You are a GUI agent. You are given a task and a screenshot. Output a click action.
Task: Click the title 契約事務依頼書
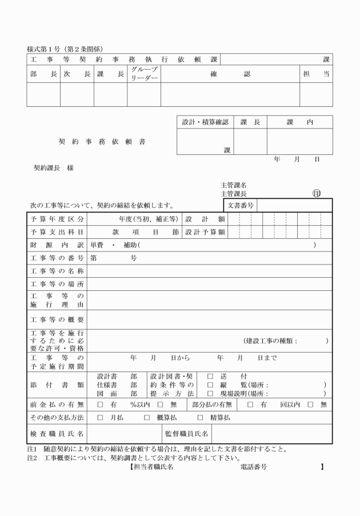coord(102,141)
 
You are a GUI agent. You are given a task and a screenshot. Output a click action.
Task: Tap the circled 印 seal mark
coord(317,193)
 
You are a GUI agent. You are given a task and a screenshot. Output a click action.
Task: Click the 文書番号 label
coord(241,205)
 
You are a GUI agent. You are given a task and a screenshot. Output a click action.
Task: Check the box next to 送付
coord(210,376)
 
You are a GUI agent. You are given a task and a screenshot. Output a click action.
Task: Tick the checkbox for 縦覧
coord(210,385)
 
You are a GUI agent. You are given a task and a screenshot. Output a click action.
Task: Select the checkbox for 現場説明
coord(210,394)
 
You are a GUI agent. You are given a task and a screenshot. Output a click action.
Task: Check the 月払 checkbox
coord(100,418)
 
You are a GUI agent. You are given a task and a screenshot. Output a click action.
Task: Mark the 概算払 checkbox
coord(146,418)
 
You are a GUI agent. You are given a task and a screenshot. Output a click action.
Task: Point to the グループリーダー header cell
coord(143,73)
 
